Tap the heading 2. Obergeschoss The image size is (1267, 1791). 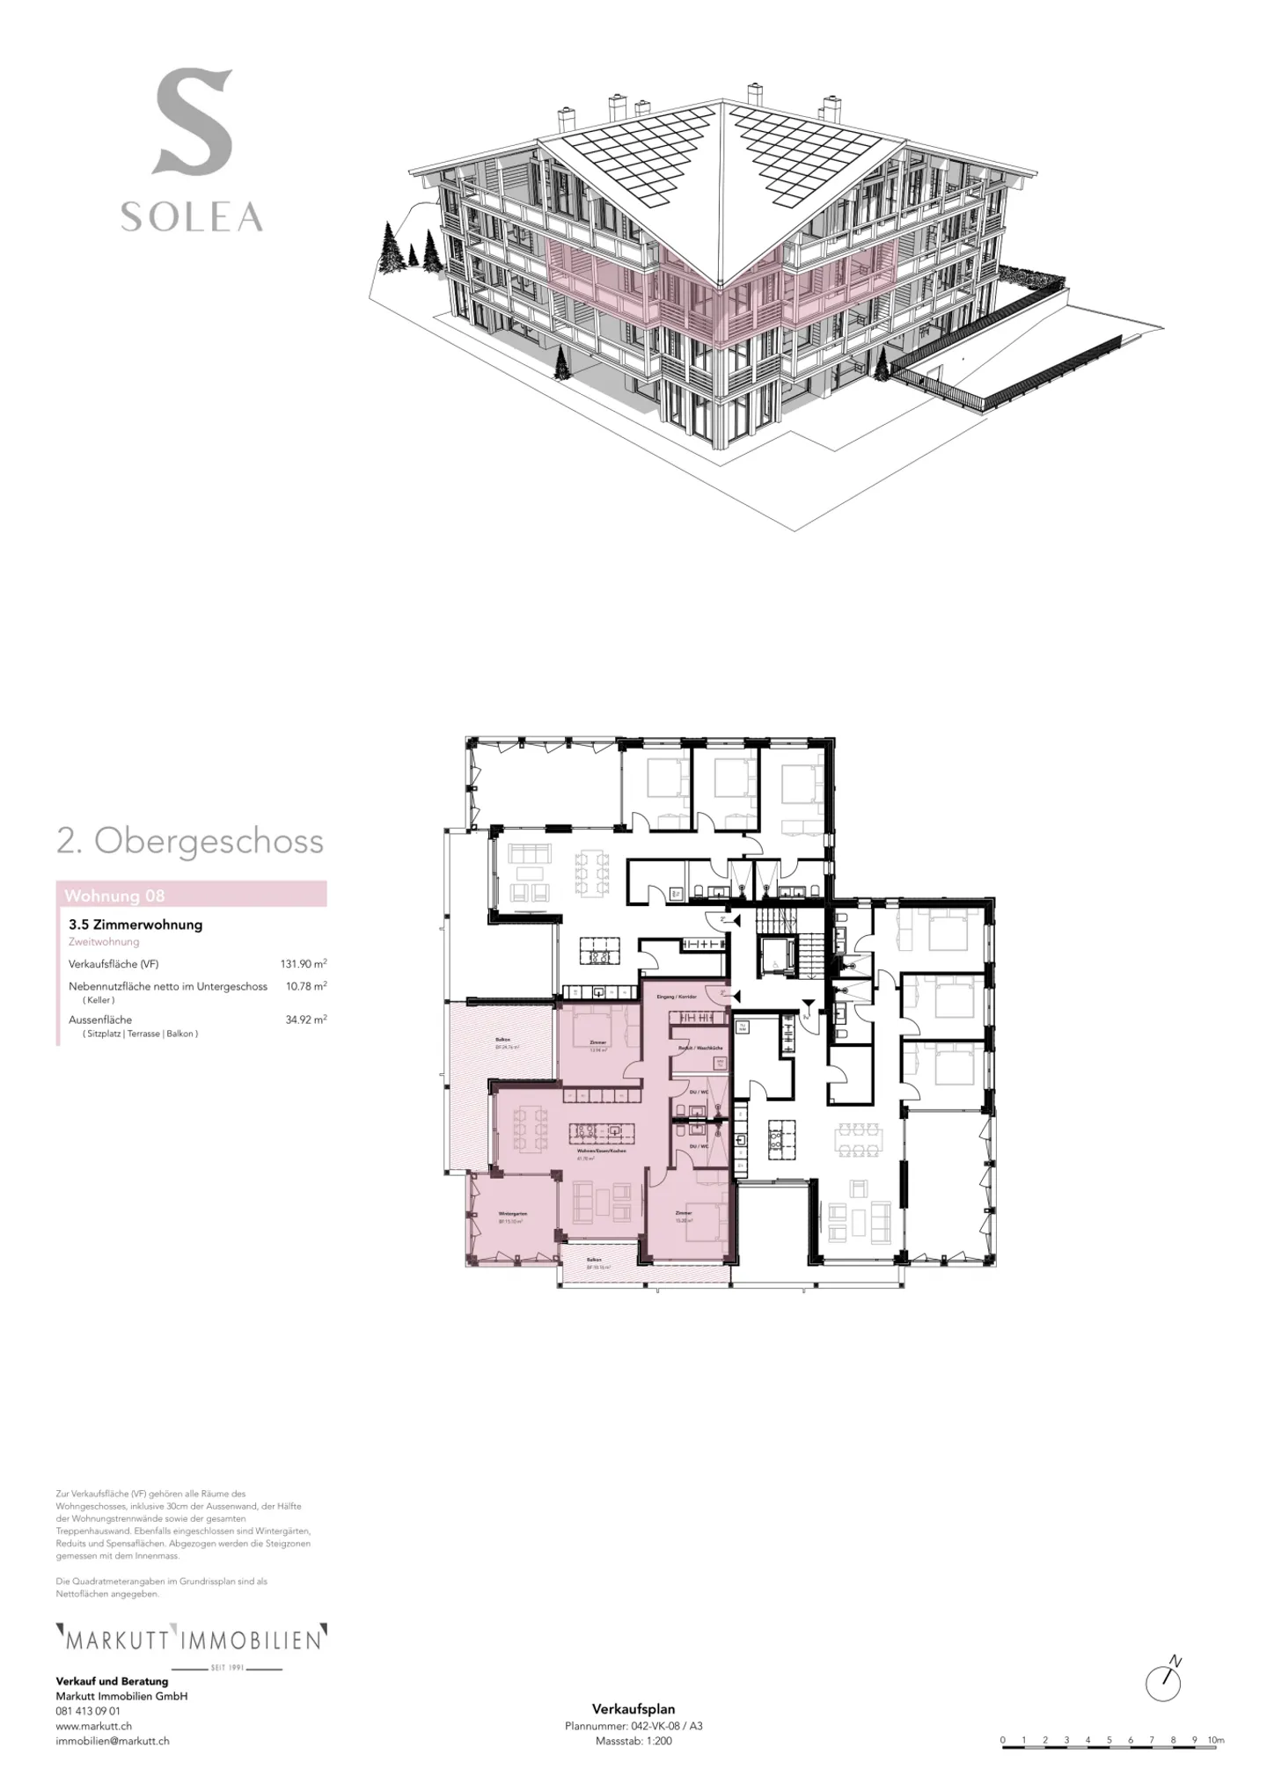tap(190, 842)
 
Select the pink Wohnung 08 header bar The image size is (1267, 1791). tap(191, 895)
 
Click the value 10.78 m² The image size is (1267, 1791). tap(306, 987)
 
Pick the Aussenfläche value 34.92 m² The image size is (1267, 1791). tap(305, 1020)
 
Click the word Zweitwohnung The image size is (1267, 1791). tap(104, 942)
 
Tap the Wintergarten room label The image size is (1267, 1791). tap(511, 1214)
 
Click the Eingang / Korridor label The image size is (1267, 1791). tap(683, 998)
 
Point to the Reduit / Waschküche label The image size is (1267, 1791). tap(700, 1049)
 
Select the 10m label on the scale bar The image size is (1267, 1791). tap(1215, 1740)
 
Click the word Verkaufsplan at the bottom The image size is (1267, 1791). tap(633, 1710)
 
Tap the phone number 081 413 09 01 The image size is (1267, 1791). tap(88, 1712)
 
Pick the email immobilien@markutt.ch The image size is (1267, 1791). tap(113, 1741)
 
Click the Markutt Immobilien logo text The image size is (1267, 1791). tap(191, 1641)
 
